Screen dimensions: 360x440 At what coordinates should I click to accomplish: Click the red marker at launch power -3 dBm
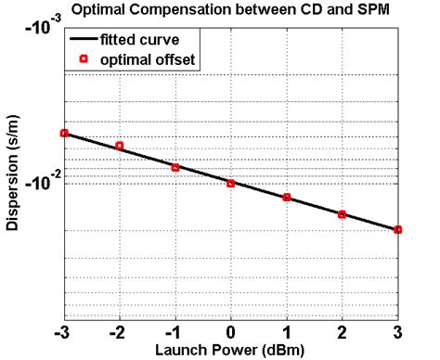[64, 134]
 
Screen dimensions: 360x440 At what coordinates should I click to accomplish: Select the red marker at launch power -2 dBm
[120, 146]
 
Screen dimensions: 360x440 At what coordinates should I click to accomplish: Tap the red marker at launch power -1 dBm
[175, 168]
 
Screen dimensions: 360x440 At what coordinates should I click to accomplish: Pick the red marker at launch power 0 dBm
[231, 183]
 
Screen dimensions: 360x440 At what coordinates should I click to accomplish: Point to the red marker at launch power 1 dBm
[287, 198]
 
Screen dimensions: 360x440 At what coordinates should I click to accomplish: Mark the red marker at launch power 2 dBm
[343, 214]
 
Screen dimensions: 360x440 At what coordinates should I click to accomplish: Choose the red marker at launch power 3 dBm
[398, 229]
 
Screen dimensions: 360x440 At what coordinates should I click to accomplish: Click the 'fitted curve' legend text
[152, 41]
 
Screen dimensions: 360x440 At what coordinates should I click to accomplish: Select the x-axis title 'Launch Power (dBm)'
[231, 350]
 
